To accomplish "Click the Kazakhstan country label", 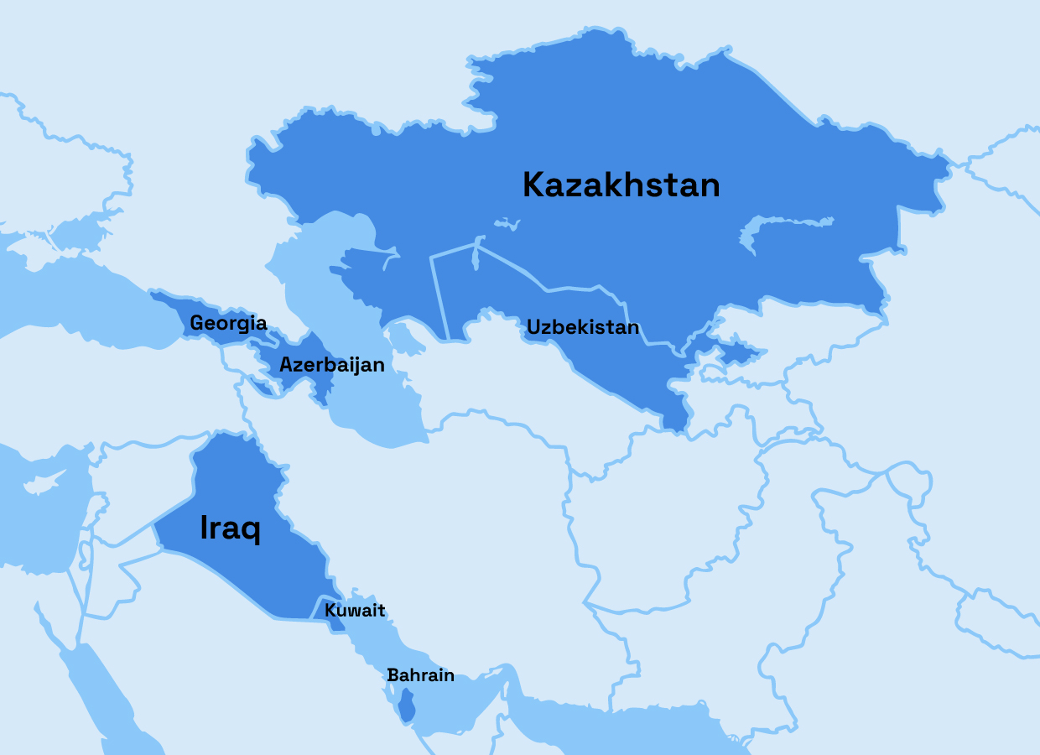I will (621, 185).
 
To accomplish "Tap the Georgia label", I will (228, 323).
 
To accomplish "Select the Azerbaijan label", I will (332, 365).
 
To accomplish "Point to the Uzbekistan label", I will (583, 327).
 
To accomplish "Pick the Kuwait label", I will (355, 610).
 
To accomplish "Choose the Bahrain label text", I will (420, 674).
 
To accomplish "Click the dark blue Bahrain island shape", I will (406, 706).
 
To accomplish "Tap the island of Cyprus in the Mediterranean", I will (42, 485).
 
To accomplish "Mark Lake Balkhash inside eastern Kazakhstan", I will (780, 226).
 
